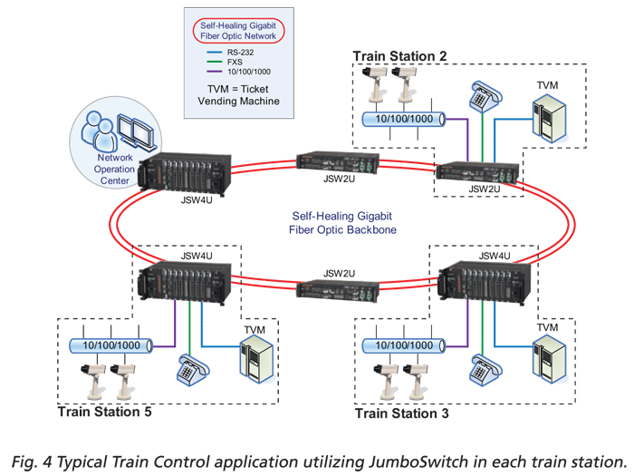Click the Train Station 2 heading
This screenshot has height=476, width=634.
click(399, 56)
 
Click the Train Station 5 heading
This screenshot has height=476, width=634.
click(103, 413)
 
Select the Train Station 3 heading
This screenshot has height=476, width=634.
click(400, 413)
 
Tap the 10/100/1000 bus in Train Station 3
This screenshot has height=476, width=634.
click(402, 345)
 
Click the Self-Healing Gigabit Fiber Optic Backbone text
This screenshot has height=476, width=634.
click(336, 224)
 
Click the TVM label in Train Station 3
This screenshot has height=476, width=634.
click(548, 326)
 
